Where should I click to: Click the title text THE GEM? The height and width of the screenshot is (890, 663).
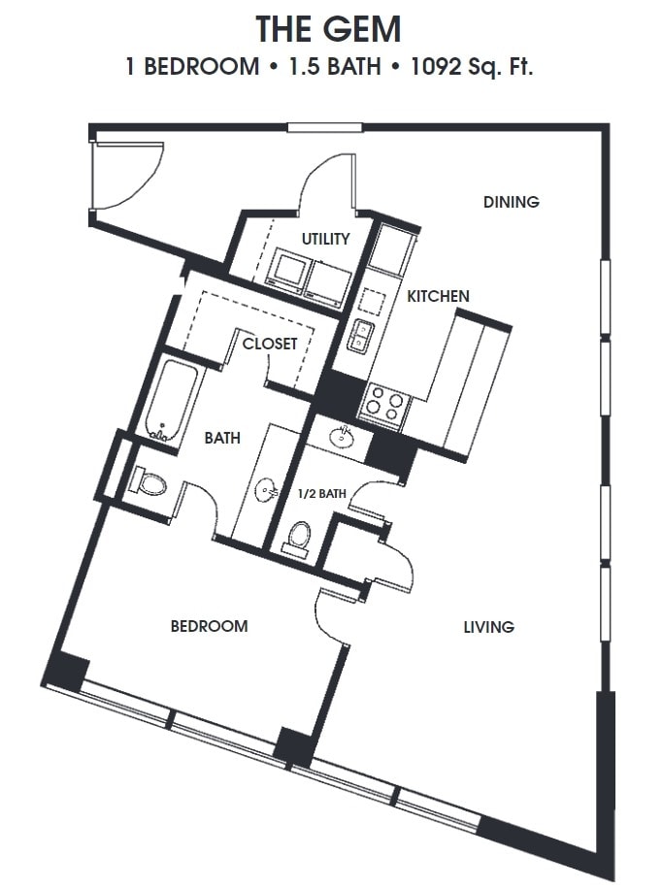328,29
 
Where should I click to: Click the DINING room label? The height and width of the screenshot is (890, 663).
511,202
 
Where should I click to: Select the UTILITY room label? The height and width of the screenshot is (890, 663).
325,239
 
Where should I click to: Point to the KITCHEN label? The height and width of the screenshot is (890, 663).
438,296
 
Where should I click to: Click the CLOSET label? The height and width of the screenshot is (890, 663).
270,344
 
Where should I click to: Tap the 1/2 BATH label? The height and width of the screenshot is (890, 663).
322,494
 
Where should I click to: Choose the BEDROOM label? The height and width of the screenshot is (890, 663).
209,626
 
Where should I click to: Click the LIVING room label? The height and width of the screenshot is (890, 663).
488,627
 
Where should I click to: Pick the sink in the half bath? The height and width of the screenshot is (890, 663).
342,436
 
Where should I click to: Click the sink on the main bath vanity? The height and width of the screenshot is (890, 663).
268,491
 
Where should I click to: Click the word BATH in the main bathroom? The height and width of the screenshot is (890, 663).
221,439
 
